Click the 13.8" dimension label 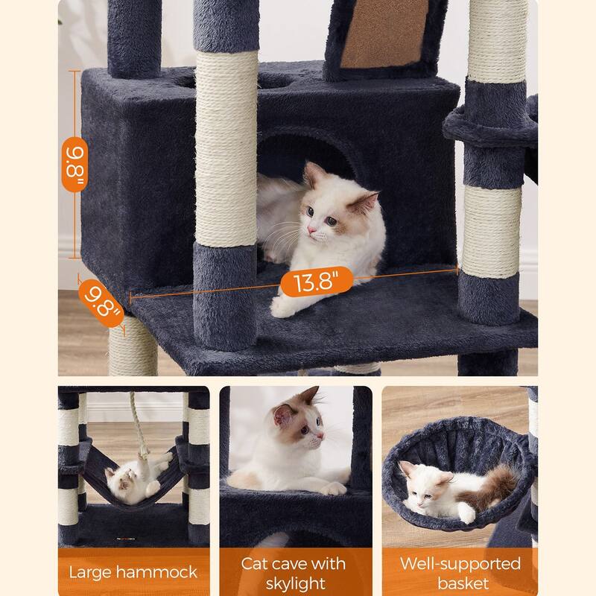click(317, 282)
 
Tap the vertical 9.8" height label click(75, 164)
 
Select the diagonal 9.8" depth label click(101, 303)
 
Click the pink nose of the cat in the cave click(311, 230)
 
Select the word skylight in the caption click(295, 583)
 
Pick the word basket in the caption click(463, 583)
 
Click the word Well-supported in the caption click(460, 564)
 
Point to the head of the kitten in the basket click(425, 486)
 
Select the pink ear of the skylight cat click(283, 415)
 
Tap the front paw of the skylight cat click(333, 489)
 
